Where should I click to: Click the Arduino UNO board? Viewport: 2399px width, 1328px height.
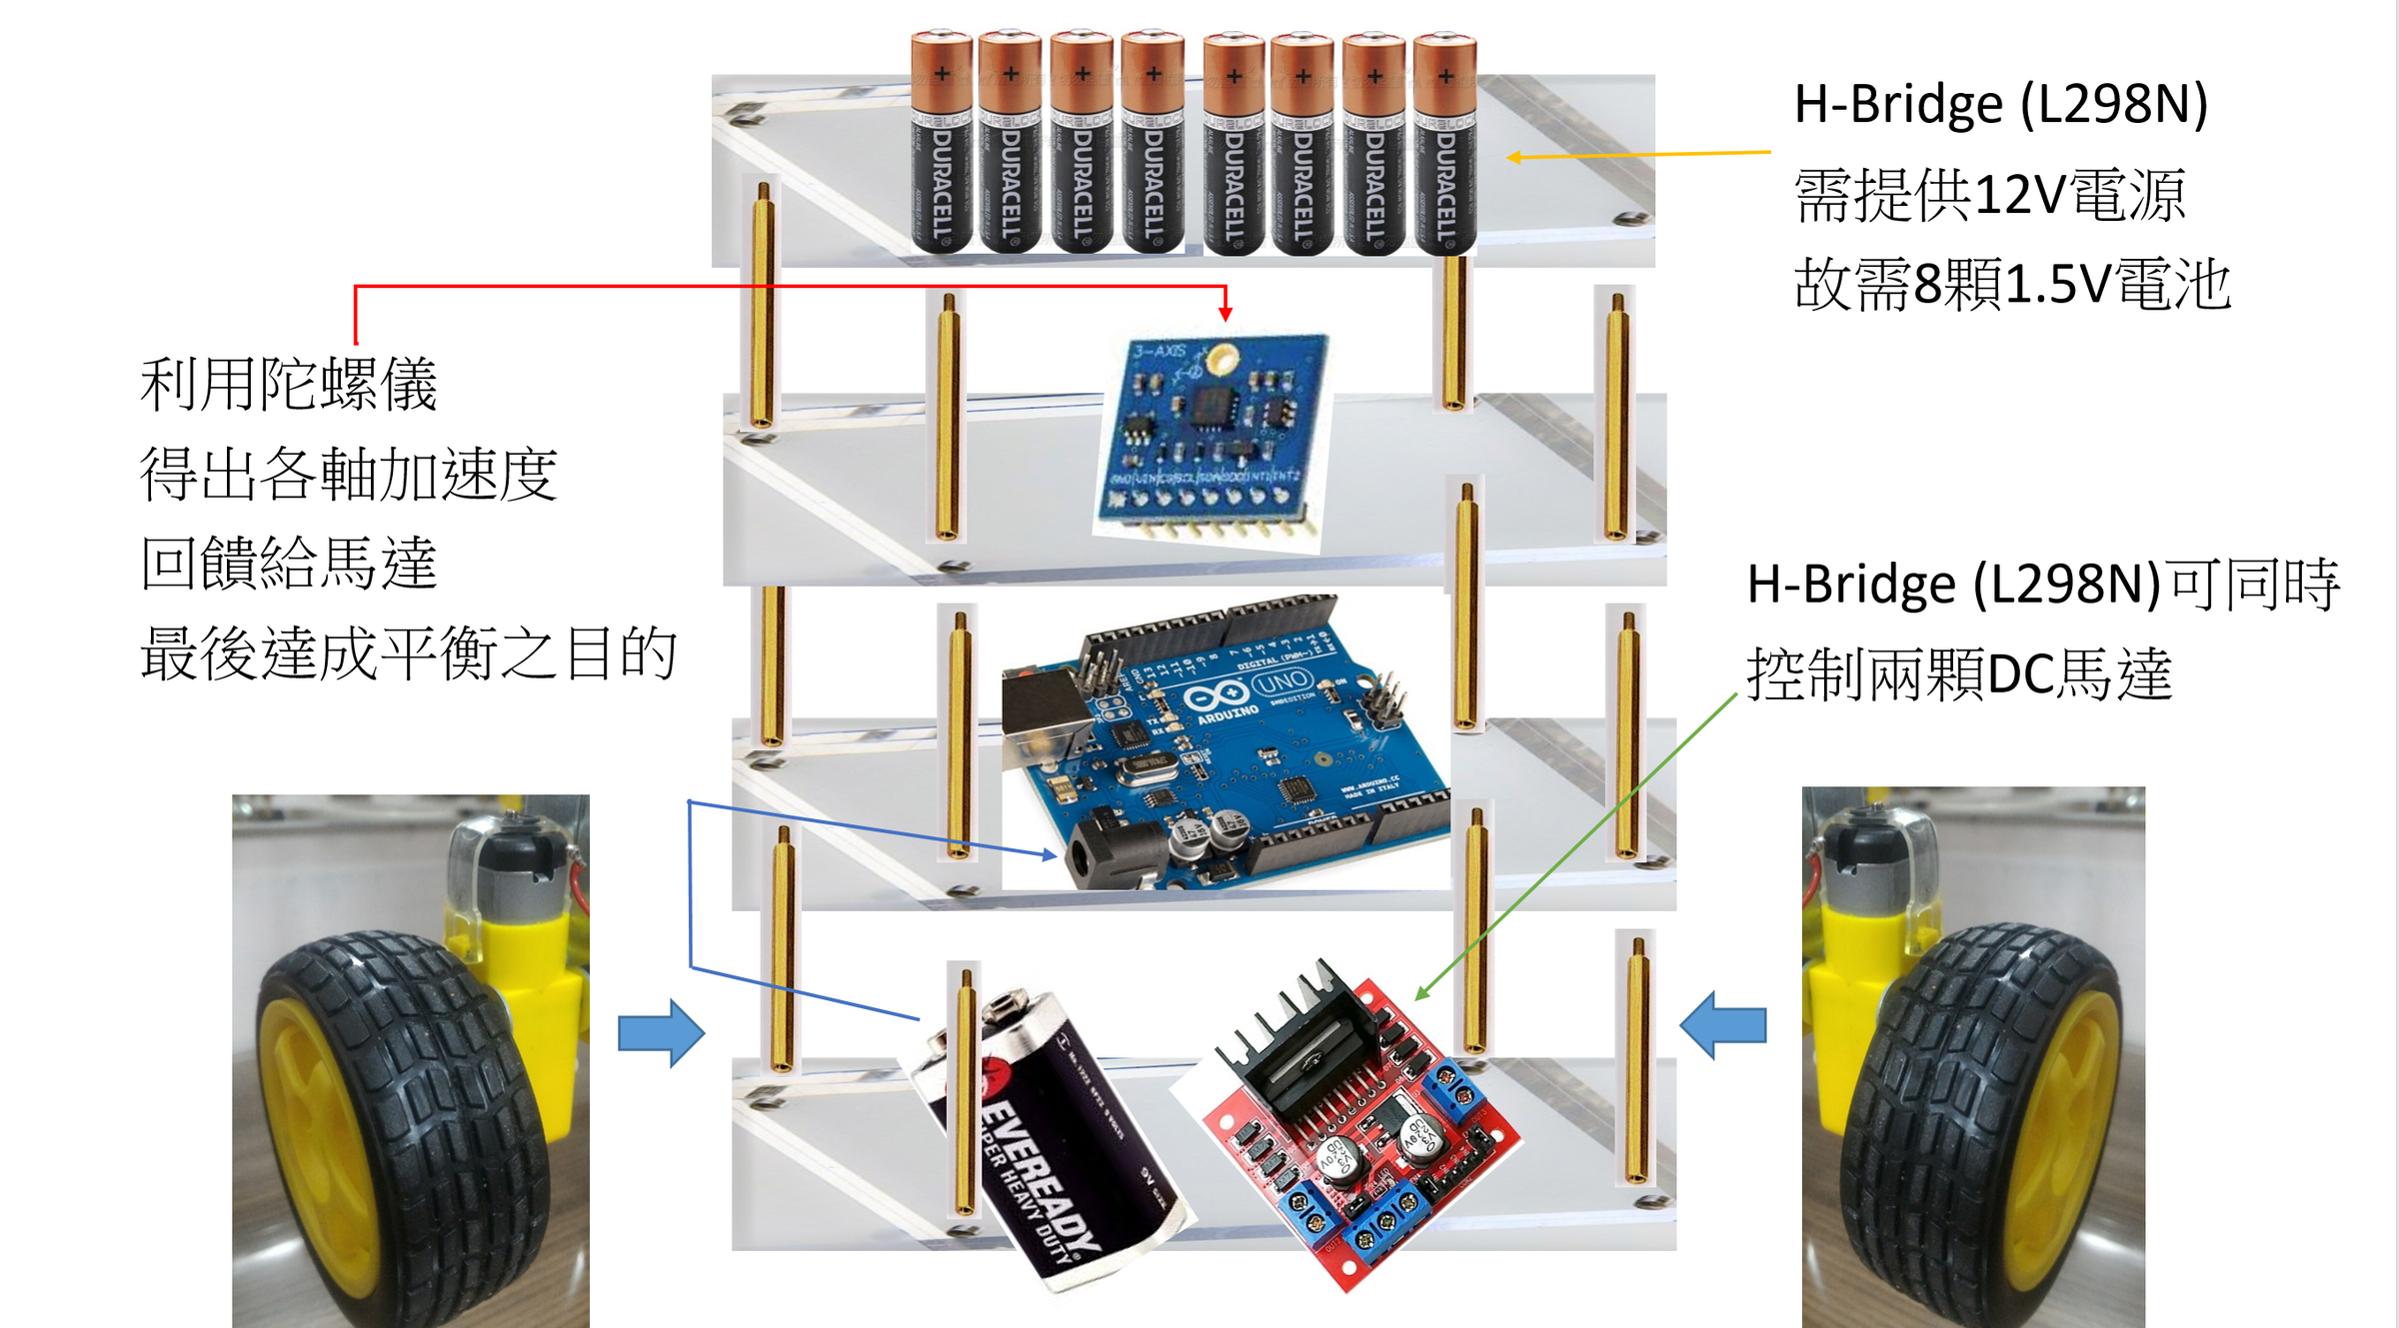click(x=1229, y=744)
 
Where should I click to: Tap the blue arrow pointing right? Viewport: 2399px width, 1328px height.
click(x=661, y=1032)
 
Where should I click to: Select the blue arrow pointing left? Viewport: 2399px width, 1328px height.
click(x=1723, y=1024)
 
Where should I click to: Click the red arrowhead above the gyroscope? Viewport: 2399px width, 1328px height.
click(x=1225, y=314)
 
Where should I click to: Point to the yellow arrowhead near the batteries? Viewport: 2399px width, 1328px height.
click(x=1515, y=157)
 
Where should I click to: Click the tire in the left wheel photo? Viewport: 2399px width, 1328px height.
click(x=400, y=1119)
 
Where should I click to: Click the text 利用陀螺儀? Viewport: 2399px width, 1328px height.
click(x=289, y=385)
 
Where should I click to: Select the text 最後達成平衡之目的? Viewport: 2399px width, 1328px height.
click(x=409, y=655)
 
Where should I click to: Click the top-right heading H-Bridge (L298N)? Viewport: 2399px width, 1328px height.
click(x=2000, y=104)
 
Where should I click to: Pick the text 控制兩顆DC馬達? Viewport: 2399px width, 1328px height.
click(x=1959, y=674)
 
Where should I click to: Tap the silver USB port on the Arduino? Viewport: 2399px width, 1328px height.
click(x=1045, y=719)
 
